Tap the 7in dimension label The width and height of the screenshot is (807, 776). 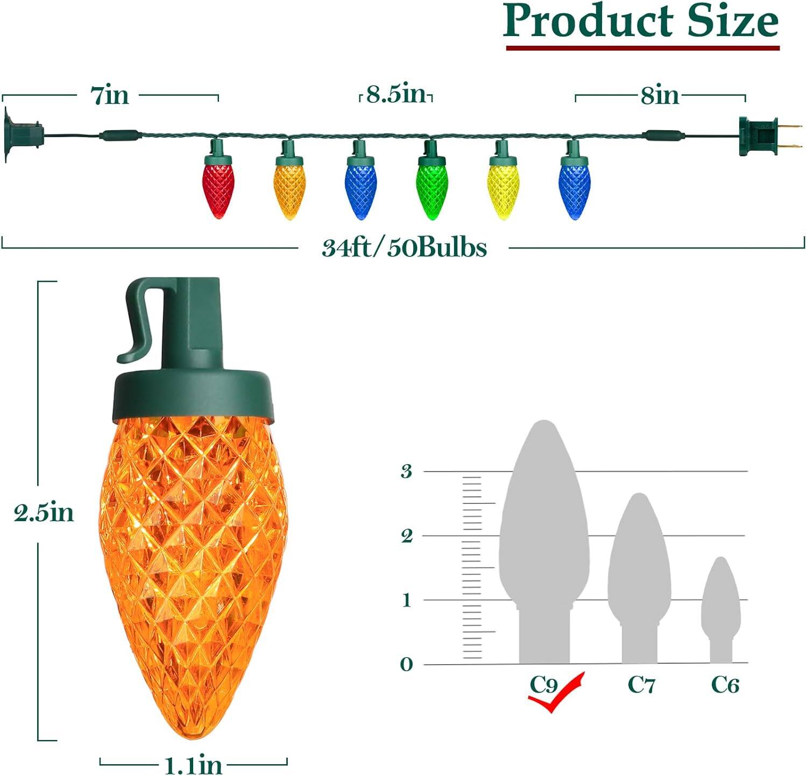tap(110, 96)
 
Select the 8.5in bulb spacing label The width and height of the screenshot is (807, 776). tap(396, 95)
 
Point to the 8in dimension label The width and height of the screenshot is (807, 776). tap(660, 96)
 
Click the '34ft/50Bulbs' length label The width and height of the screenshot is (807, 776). tap(404, 248)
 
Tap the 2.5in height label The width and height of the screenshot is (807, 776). tap(44, 512)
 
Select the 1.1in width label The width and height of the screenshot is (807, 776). tap(193, 764)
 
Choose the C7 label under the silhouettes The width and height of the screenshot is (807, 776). tap(641, 685)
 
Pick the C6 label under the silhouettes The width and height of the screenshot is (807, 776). tap(725, 685)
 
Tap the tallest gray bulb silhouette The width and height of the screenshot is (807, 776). tap(544, 538)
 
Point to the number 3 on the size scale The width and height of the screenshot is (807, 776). tap(407, 472)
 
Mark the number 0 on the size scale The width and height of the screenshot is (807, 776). tap(406, 665)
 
